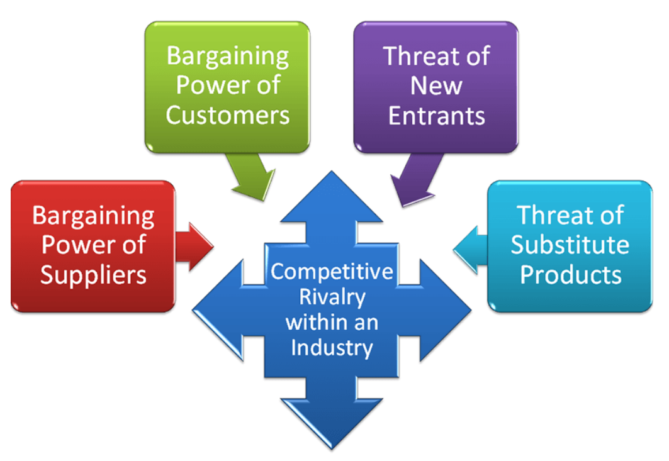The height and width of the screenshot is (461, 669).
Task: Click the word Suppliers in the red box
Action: point(93,274)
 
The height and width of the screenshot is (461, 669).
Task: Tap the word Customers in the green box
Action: point(227,114)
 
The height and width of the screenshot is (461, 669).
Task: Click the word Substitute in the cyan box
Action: point(570,245)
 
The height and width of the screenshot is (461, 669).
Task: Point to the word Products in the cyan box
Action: point(570,274)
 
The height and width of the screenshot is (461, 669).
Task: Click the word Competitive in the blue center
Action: point(332,272)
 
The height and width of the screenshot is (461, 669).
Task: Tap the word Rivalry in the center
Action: point(332,297)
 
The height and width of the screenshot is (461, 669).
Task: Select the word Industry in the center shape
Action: point(332,347)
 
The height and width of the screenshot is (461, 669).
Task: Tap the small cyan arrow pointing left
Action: point(471,247)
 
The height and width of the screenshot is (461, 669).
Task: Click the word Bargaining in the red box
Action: point(93,216)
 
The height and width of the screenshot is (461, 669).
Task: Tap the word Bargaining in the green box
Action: point(227,57)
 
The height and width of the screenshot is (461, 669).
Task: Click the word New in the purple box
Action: point(436,86)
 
